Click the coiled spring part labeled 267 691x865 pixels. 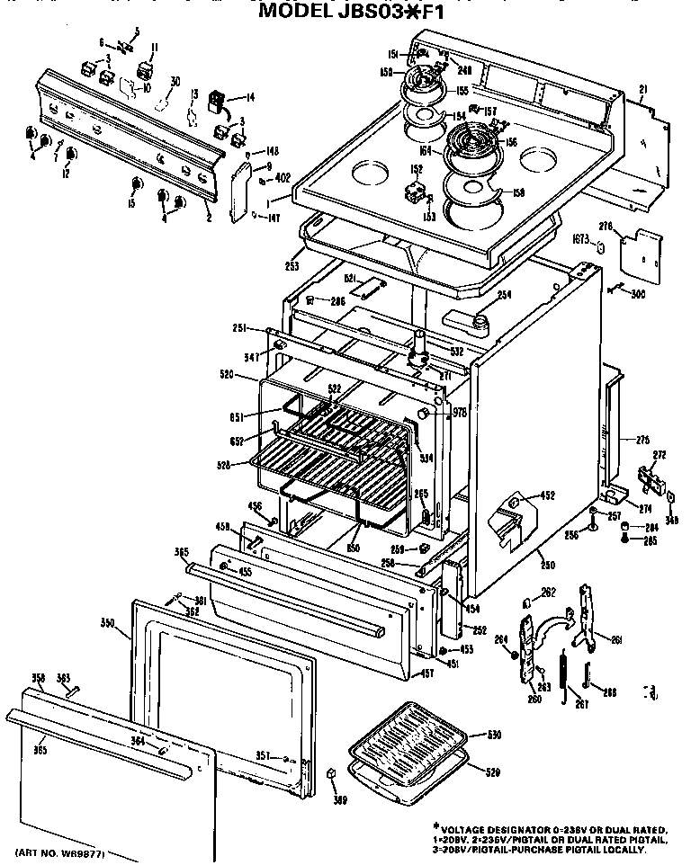pyautogui.click(x=564, y=671)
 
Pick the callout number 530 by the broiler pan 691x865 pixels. pyautogui.click(x=493, y=735)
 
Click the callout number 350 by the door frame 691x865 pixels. pyautogui.click(x=107, y=622)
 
